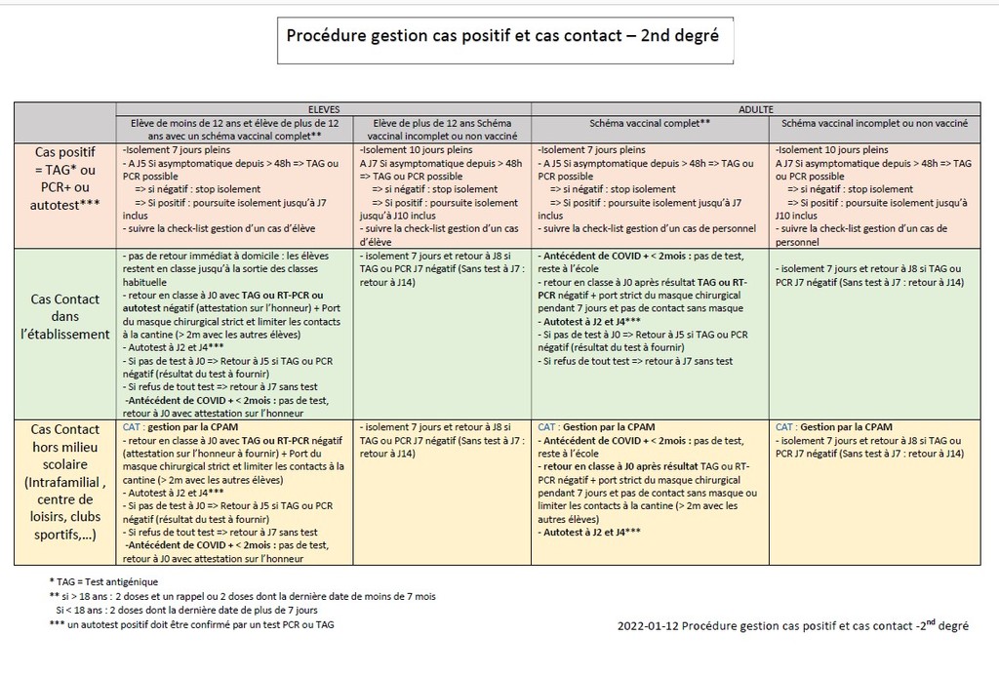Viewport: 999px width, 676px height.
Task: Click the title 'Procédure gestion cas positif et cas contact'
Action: pyautogui.click(x=501, y=36)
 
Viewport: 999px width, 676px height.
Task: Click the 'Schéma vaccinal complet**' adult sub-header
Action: pyautogui.click(x=650, y=126)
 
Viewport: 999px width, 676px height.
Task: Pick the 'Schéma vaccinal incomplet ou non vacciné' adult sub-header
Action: pyautogui.click(x=874, y=126)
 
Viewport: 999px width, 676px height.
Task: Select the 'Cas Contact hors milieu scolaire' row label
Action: pyautogui.click(x=64, y=484)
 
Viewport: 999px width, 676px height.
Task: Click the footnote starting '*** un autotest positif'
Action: pyautogui.click(x=195, y=624)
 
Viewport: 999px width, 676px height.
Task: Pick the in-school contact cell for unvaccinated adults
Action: pyautogui.click(x=874, y=276)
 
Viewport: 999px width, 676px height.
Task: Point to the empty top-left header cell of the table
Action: pyautogui.click(x=64, y=121)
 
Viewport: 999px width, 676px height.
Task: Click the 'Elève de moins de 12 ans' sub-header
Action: pyautogui.click(x=233, y=131)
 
